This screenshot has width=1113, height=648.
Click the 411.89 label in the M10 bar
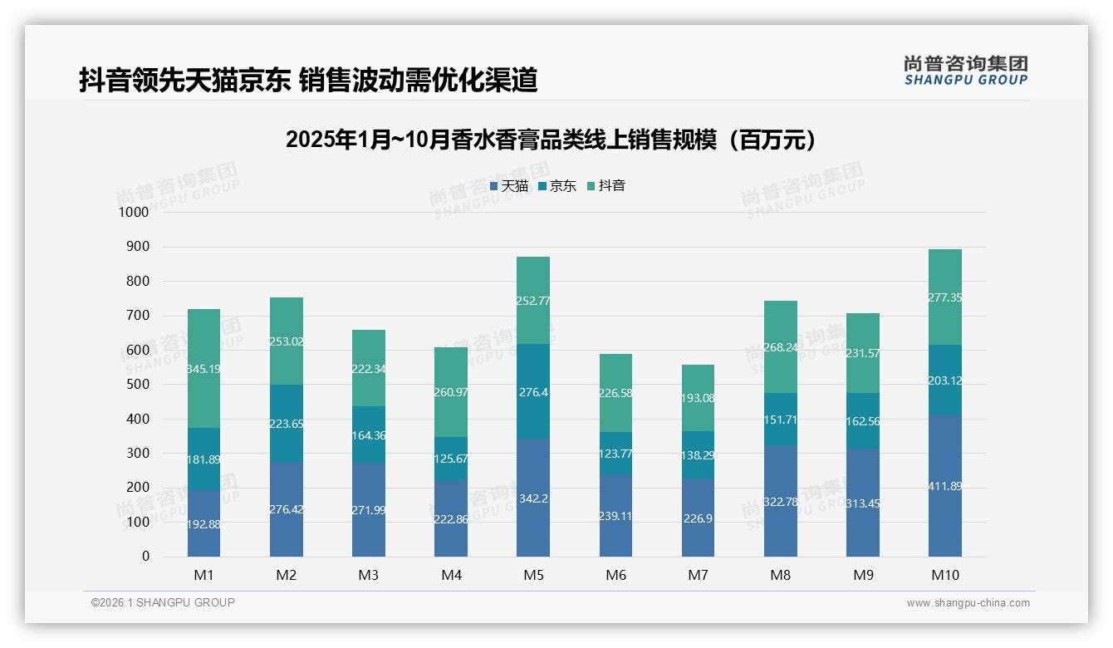945,486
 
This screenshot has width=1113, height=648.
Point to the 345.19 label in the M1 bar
204,369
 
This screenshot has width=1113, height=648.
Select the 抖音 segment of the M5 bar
533,301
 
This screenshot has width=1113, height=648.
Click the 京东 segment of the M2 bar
287,424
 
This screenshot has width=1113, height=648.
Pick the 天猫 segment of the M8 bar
781,501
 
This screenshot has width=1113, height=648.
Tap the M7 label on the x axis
699,575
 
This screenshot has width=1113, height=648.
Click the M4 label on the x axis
451,575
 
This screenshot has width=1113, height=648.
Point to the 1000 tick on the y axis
133,212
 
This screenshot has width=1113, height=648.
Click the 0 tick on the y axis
145,557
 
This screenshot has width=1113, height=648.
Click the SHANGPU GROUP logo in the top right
965,71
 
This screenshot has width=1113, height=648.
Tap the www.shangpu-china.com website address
968,603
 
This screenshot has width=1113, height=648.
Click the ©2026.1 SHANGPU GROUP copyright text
163,602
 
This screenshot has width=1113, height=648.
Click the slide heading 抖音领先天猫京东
308,81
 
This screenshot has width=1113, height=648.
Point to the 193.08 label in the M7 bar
699,398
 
